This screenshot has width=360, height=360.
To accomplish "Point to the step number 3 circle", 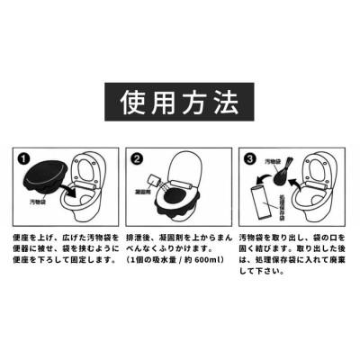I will tap(250, 159).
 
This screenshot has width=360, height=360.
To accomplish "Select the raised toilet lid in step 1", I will tap(88, 168).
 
